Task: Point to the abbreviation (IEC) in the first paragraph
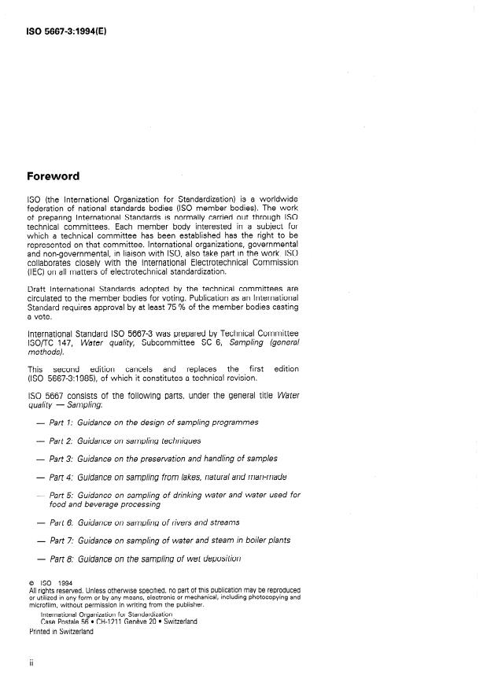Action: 36,272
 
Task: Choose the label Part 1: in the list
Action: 61,422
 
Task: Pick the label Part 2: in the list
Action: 61,441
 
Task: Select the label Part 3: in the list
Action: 61,459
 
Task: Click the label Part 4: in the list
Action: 61,477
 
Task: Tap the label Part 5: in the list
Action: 61,495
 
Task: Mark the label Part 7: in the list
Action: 61,541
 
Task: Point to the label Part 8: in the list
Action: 61,559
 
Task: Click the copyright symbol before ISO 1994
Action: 31,584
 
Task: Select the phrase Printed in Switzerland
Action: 61,631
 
